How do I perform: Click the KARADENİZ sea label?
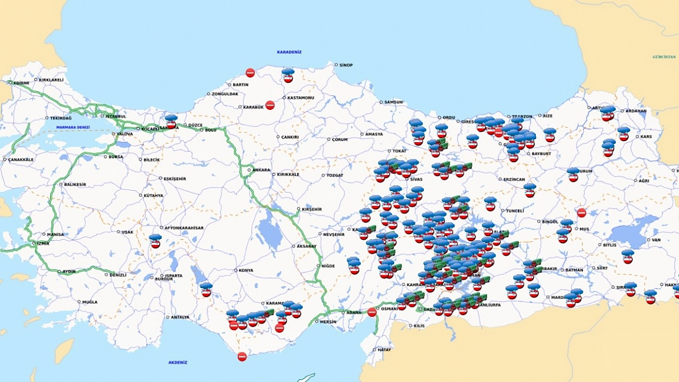[x=289, y=52]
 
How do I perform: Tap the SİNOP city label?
[x=346, y=65]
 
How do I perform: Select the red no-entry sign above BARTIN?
[x=250, y=73]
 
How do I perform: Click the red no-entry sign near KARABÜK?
[x=270, y=105]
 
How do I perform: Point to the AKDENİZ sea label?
[x=178, y=363]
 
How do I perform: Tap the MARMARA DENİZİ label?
[x=73, y=128]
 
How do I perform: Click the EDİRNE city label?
[x=22, y=83]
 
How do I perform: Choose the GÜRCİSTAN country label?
[x=664, y=56]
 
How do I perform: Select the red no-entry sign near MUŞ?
[x=581, y=213]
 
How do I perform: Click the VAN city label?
[x=656, y=240]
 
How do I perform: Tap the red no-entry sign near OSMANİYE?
[x=372, y=312]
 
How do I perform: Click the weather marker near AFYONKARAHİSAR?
[x=155, y=241]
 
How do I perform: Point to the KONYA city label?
[x=246, y=271]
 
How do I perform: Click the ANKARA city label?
[x=261, y=170]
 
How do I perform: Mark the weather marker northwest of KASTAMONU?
[x=288, y=75]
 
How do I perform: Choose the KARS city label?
[x=645, y=136]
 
